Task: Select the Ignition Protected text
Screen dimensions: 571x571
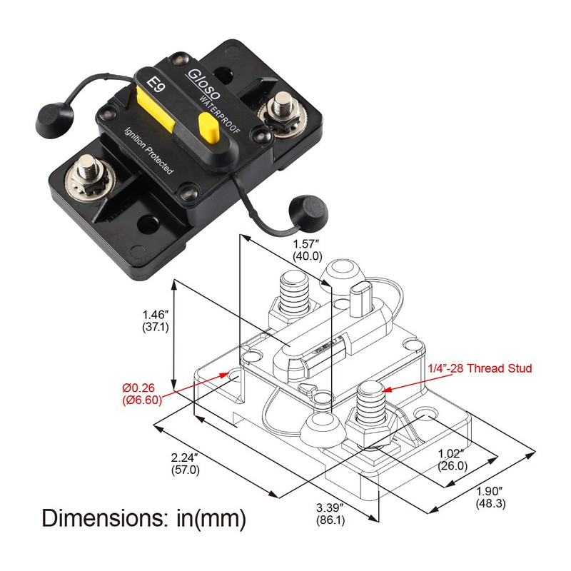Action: click(146, 152)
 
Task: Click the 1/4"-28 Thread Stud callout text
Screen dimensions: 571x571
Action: click(480, 368)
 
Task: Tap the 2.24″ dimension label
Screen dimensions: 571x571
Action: click(186, 458)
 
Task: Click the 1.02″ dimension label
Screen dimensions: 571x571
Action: click(453, 453)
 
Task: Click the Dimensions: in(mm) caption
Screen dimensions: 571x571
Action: click(143, 517)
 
